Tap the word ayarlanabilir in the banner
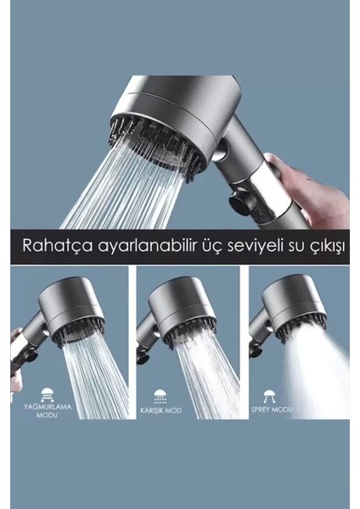point(134,246)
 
